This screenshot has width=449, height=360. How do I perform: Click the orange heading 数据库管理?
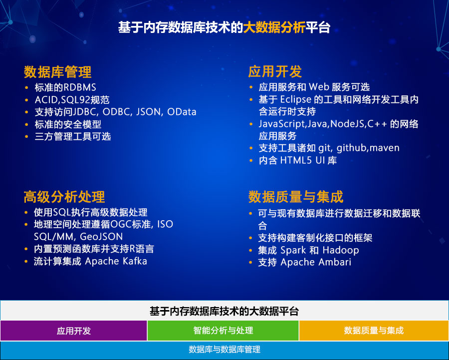click(57, 72)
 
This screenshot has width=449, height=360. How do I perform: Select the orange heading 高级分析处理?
click(64, 197)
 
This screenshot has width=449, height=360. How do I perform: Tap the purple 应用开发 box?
click(74, 331)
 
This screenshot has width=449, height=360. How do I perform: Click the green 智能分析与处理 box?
click(223, 331)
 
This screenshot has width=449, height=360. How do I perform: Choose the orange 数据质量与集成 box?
click(374, 331)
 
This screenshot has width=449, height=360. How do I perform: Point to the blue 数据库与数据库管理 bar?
click(224, 350)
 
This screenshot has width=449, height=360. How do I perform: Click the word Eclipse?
click(295, 99)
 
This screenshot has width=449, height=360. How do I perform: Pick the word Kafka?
click(135, 261)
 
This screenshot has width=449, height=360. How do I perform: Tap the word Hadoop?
click(341, 250)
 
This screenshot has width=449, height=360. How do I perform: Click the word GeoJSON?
click(101, 237)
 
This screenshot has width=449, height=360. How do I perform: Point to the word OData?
click(182, 111)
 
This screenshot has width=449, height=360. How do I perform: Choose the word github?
click(352, 148)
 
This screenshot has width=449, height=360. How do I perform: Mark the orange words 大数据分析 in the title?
click(274, 28)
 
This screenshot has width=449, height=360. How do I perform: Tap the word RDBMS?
click(80, 87)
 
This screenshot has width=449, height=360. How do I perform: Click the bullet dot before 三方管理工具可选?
click(26, 137)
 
